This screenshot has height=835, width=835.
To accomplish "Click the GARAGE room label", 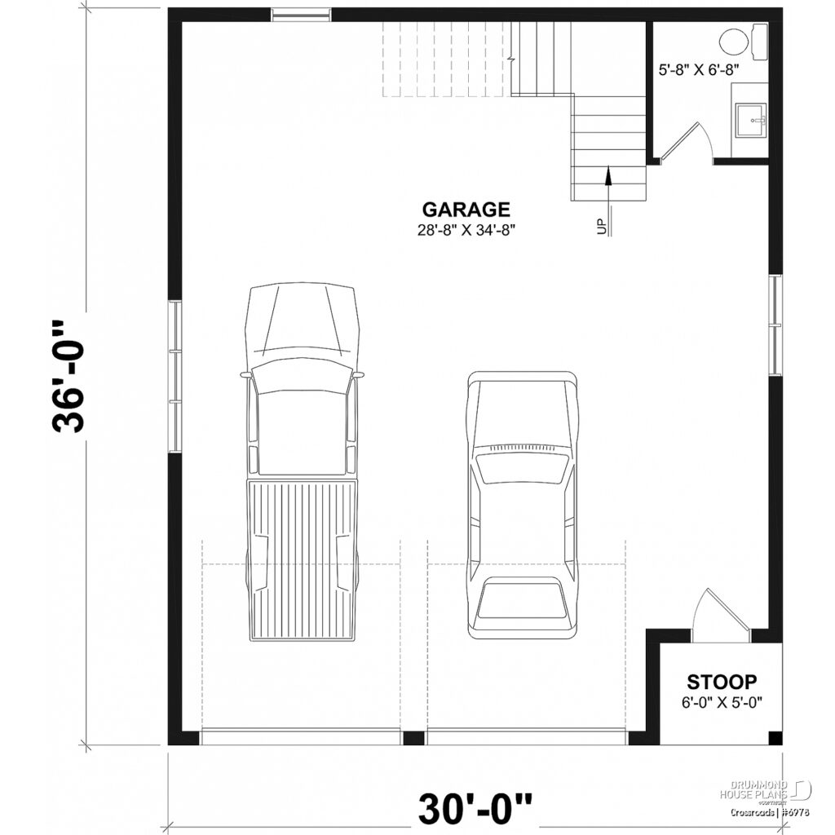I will [x=466, y=210].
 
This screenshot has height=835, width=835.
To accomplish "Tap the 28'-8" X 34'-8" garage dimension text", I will [x=466, y=230].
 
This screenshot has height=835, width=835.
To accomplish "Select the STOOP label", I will [x=722, y=681].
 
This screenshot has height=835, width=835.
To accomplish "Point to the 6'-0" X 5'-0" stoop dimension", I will [x=722, y=701].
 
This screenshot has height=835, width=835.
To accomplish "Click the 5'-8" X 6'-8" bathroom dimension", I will [x=698, y=69].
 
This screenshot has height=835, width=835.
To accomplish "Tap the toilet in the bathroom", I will [x=742, y=41].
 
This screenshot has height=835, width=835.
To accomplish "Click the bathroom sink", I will [x=749, y=121].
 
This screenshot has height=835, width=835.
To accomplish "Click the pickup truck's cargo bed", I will [x=303, y=559].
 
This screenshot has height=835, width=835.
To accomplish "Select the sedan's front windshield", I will [x=522, y=469].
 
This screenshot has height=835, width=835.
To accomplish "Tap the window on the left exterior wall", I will [x=175, y=376].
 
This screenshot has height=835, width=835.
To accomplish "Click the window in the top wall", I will [x=301, y=14].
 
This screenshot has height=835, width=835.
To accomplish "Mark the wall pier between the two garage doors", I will [x=414, y=738].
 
